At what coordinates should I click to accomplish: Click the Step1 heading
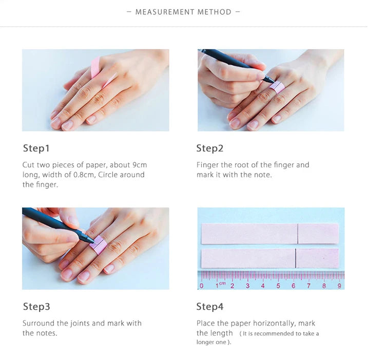click(36, 148)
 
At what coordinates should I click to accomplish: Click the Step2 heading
click(209, 148)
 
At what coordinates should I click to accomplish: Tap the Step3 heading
click(36, 307)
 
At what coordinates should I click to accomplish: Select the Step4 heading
click(209, 307)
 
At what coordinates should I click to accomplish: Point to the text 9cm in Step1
click(140, 165)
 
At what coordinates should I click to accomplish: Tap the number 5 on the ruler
click(278, 286)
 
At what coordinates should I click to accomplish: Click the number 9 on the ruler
click(339, 286)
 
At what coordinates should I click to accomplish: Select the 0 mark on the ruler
click(202, 286)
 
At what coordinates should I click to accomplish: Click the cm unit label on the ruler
click(222, 283)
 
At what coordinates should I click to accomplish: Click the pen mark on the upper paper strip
click(298, 234)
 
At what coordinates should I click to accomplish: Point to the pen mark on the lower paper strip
click(296, 258)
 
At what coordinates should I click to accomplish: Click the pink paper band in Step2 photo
click(277, 87)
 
